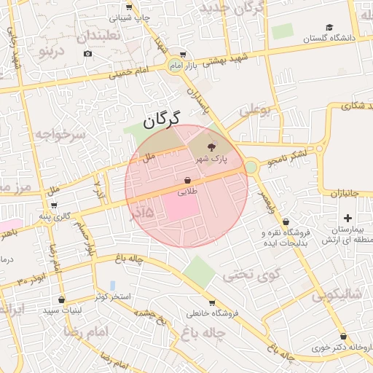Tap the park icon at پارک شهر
pos(212,146)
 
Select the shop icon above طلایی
pos(188,180)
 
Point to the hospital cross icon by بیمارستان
pos(348,218)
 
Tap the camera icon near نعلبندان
pos(88,53)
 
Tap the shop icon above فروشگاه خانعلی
pos(211,303)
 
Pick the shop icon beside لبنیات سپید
pos(61,299)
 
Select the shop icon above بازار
pos(182,54)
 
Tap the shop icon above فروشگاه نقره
pos(285,221)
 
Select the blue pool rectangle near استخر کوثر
pos(112,284)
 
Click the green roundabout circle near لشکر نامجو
pos(251,167)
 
